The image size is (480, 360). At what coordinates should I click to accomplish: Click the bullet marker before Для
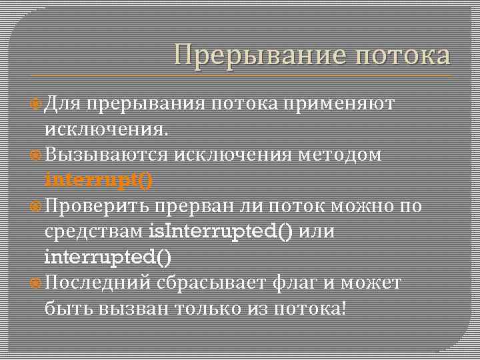38,104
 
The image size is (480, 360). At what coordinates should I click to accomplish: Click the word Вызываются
107,155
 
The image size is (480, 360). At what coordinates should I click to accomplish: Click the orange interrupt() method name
99,180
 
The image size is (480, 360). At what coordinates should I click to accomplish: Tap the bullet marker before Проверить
38,207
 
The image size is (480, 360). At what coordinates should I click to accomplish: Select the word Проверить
99,206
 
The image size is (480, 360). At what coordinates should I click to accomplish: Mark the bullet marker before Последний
38,283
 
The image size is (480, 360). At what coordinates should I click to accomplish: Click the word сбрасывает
211,283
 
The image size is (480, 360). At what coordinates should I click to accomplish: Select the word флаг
299,283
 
